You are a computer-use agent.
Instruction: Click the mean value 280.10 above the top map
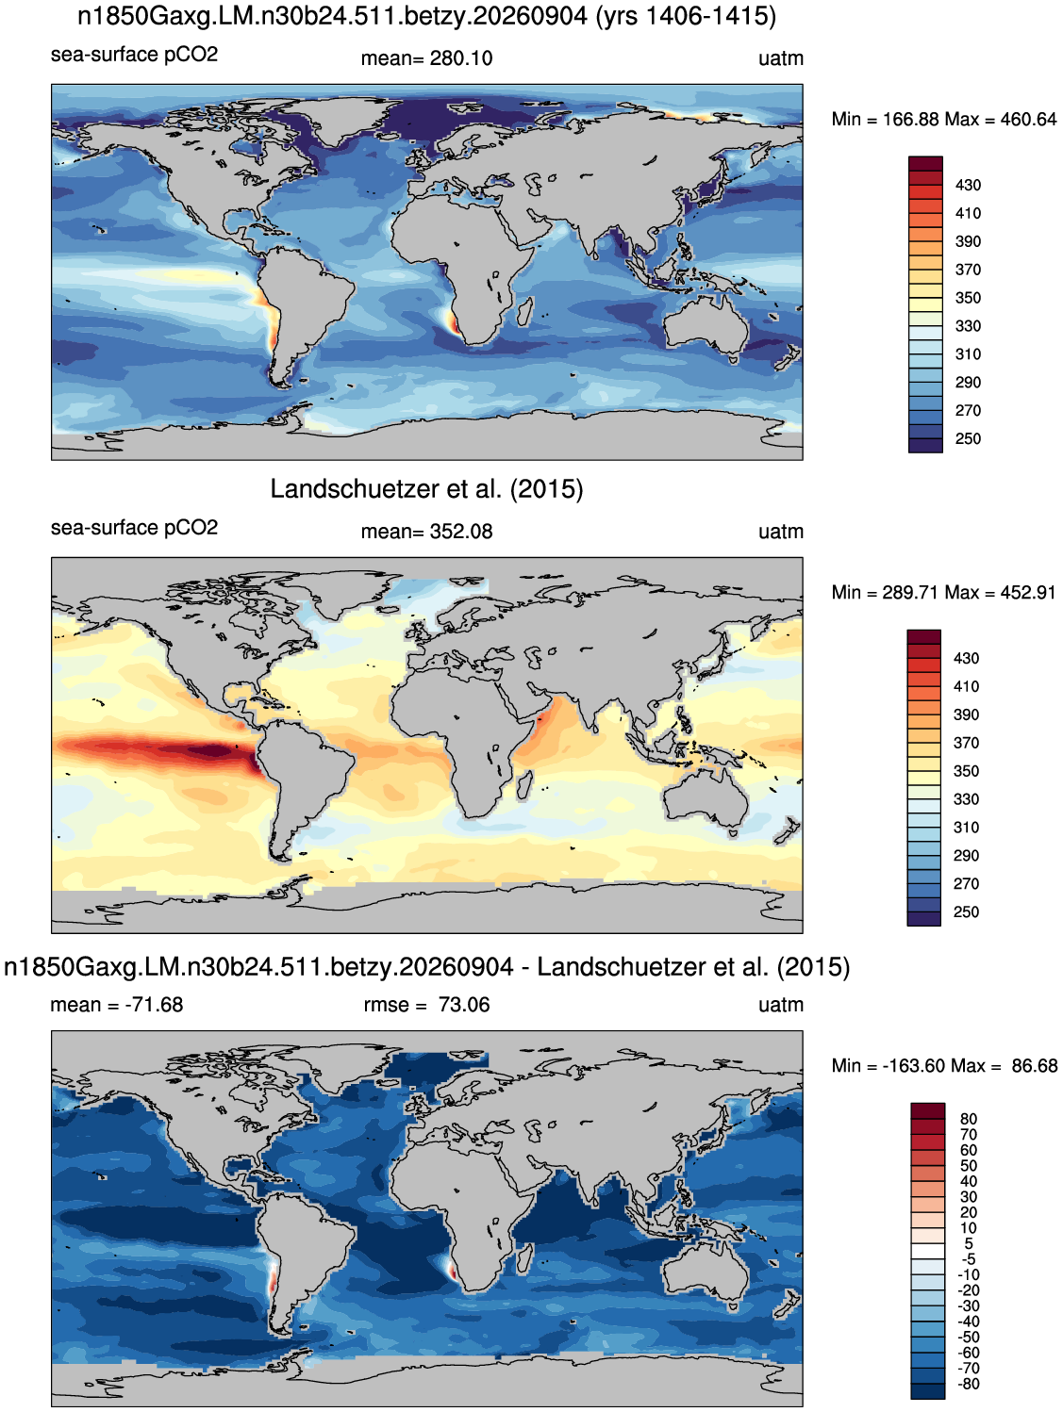click(460, 58)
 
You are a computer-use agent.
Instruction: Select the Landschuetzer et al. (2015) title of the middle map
click(426, 489)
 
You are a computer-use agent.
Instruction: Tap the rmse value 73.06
click(464, 1005)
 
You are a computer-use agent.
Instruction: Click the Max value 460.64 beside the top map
click(1028, 120)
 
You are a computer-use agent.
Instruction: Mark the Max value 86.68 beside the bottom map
click(1034, 1066)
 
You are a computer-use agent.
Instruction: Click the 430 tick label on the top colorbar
click(968, 186)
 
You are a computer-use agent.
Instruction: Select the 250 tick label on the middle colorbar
click(966, 912)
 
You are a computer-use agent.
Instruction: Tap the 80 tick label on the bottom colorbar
click(969, 1119)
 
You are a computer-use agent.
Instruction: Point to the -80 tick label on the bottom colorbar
click(969, 1385)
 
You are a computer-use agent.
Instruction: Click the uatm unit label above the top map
click(781, 58)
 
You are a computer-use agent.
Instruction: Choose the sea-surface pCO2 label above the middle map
click(135, 528)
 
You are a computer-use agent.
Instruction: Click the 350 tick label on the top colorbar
click(968, 299)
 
